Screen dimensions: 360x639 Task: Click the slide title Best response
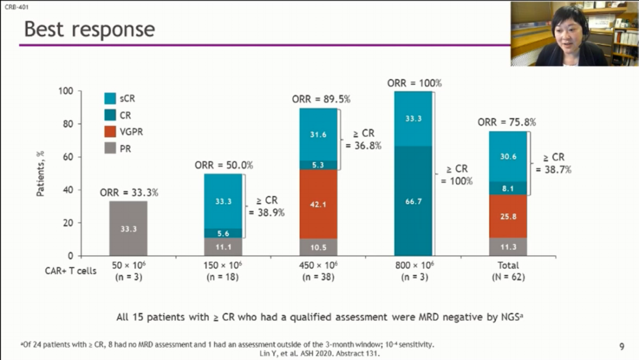89,30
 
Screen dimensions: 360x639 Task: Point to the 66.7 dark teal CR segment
413,201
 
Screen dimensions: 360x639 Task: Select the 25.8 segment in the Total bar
508,217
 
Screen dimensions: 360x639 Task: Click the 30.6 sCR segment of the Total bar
508,156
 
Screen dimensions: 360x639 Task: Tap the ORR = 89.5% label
321,99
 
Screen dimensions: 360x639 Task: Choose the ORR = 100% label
414,83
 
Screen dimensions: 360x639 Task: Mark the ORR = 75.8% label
506,123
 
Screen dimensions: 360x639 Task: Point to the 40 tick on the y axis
69,190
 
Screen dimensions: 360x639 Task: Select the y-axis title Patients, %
40,173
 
